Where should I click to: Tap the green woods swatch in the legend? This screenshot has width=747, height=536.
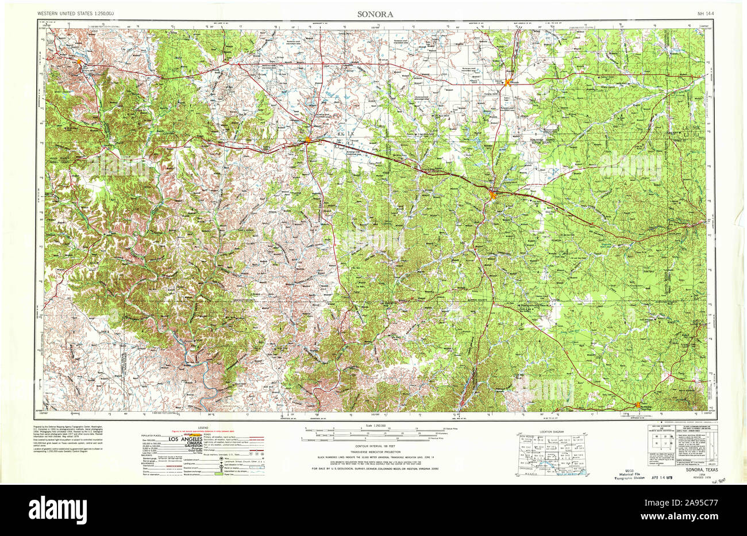coord(218,474)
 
